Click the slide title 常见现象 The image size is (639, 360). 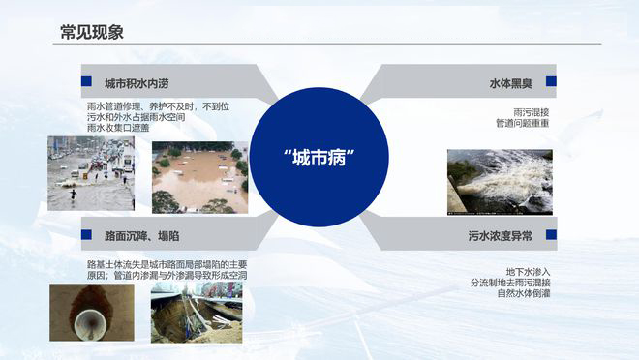point(91,33)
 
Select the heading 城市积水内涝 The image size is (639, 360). point(142,83)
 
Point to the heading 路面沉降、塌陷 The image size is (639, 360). point(141,235)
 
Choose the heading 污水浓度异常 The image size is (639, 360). point(500,235)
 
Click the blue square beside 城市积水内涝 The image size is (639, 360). point(86,82)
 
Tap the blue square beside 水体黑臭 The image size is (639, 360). point(551,82)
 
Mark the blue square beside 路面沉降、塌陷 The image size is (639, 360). point(86,234)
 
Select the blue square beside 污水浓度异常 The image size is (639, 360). point(551,234)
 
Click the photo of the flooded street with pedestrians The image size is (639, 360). point(91,173)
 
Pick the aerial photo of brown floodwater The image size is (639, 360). point(199,177)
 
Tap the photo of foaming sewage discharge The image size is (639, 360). point(499,181)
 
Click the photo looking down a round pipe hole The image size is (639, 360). point(78,313)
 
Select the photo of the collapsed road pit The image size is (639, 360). point(197,313)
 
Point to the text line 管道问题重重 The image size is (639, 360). point(522,124)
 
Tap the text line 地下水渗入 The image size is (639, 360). point(528,271)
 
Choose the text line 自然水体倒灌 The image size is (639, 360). point(524,293)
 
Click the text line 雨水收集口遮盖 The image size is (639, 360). point(118,128)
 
